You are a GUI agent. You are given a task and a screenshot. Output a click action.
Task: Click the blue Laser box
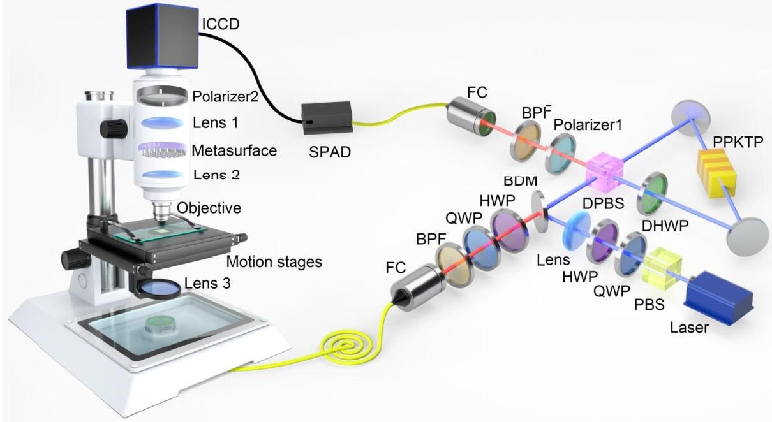pos(719,297)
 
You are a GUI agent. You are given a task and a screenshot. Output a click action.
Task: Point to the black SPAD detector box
pos(327,118)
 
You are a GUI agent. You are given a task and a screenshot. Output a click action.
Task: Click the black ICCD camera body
pos(163,37)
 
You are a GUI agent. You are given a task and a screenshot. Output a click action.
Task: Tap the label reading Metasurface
pos(234,151)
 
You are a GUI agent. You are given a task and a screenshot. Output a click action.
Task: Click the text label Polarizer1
pos(588,124)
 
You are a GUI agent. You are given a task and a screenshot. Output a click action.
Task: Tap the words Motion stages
pos(274,262)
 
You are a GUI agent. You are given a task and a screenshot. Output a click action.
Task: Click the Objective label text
pos(209,208)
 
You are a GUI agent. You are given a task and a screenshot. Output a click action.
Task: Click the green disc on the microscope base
pos(161,324)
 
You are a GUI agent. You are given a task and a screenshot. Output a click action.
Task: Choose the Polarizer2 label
pos(225,97)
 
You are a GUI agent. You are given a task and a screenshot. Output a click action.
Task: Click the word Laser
pos(689,328)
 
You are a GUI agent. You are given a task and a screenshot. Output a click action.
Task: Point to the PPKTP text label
pos(738,142)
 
